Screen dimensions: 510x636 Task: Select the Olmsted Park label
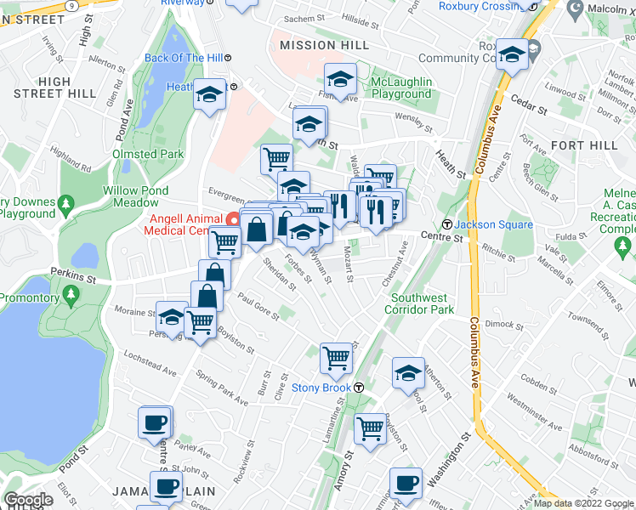pos(147,154)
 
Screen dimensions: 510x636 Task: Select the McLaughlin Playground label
pos(401,88)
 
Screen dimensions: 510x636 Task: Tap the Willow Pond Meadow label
pos(136,196)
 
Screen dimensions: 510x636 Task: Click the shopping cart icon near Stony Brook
pos(336,357)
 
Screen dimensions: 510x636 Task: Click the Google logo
pos(27,500)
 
